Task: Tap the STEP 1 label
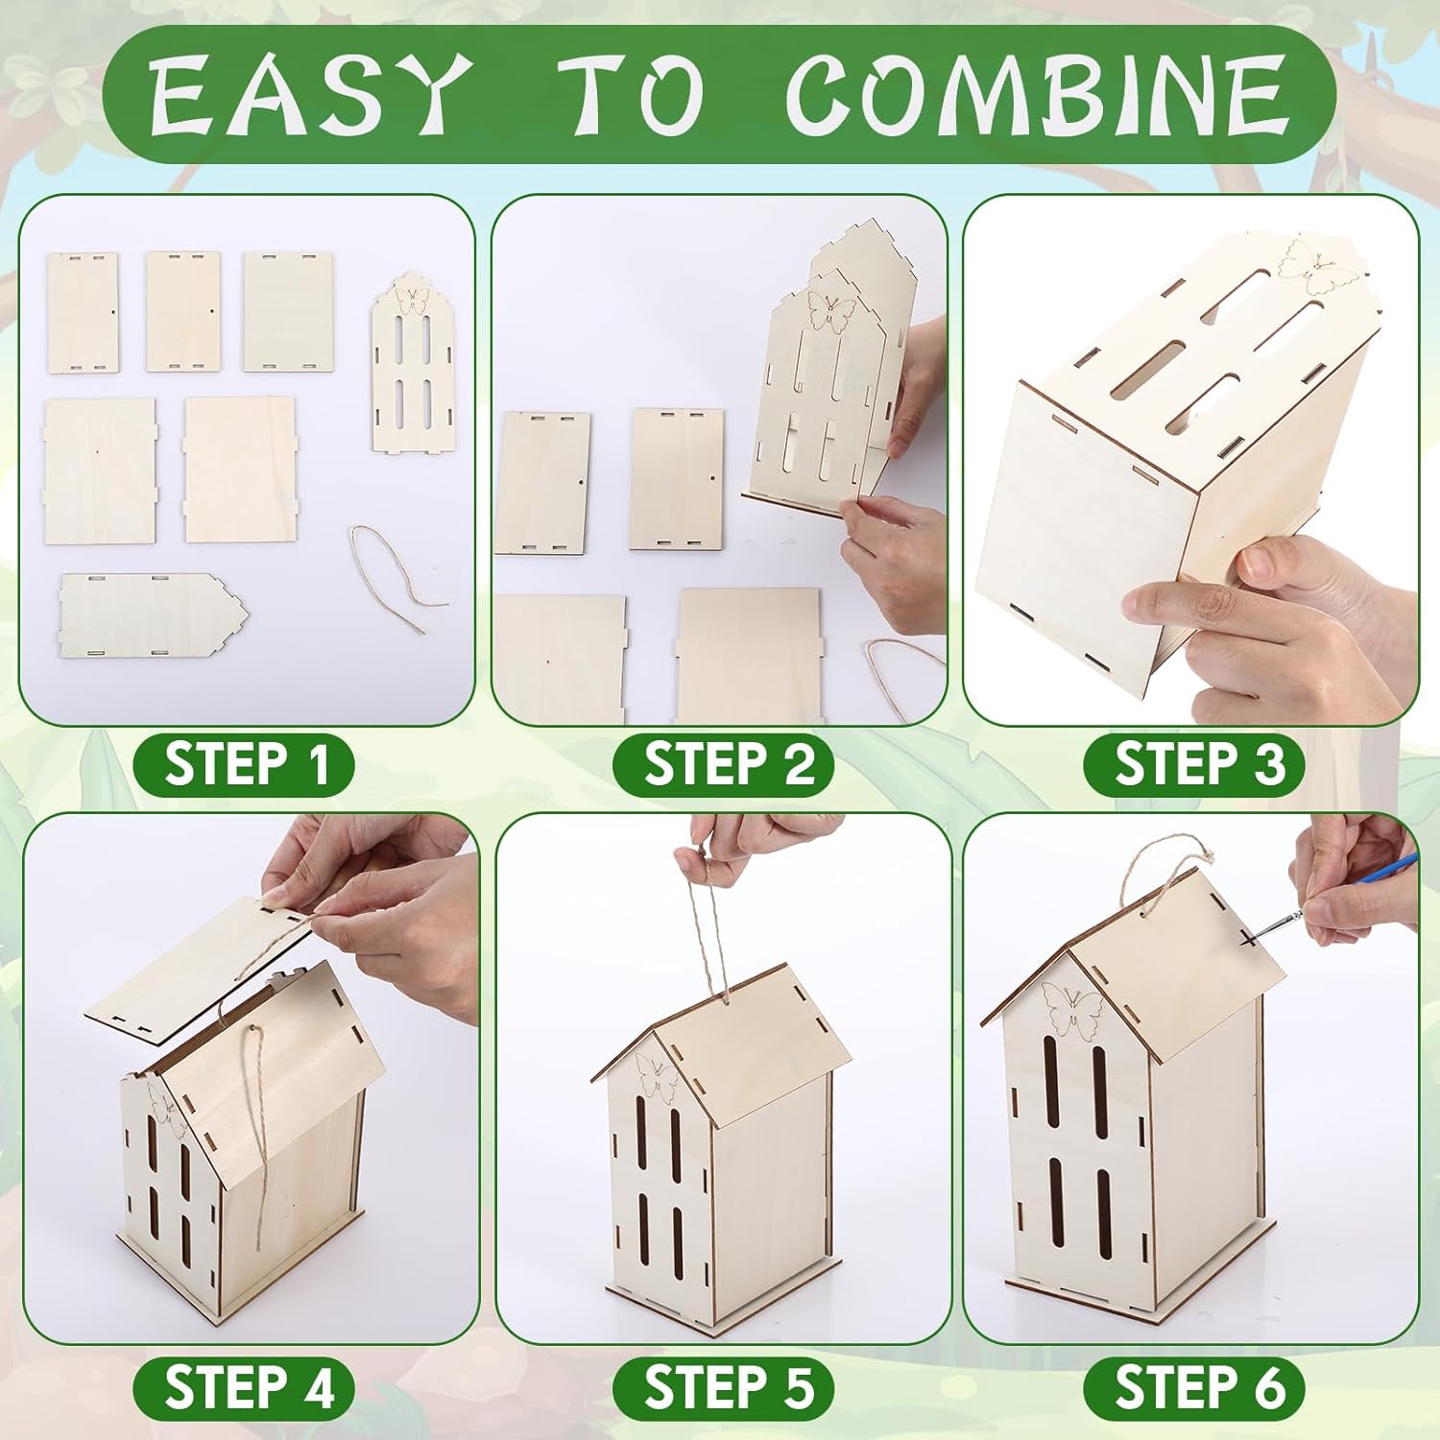pyautogui.click(x=245, y=765)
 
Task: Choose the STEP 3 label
pyautogui.click(x=1196, y=765)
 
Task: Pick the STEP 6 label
pyautogui.click(x=1196, y=1388)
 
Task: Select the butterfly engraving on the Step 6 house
pyautogui.click(x=1073, y=1013)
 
